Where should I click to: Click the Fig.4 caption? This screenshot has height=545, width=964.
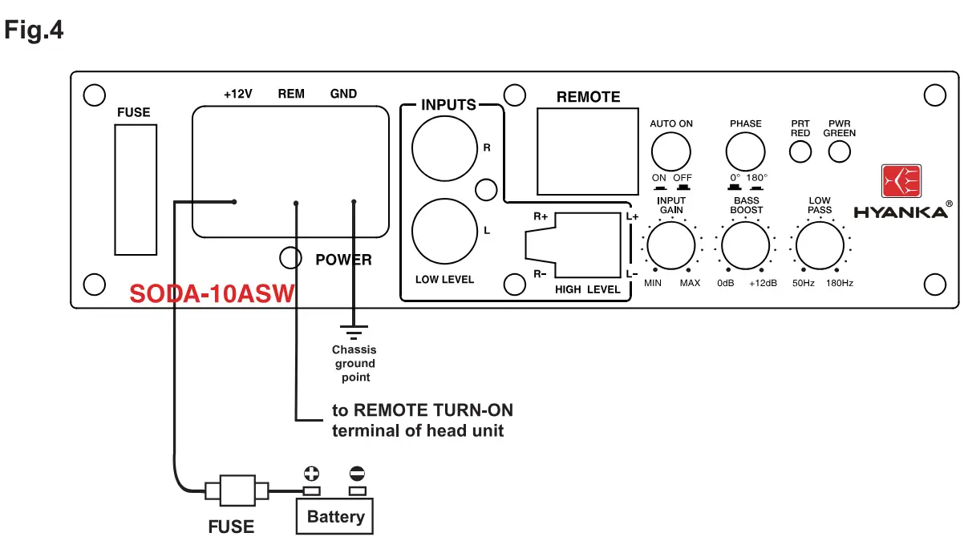(34, 30)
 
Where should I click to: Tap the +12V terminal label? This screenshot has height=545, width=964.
(238, 94)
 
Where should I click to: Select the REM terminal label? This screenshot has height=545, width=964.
(291, 94)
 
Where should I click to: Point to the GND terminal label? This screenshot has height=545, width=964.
(343, 94)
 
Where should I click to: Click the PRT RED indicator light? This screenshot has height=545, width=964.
(800, 151)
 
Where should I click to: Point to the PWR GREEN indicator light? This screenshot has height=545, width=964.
(839, 151)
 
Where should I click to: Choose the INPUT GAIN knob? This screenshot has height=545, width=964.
(670, 246)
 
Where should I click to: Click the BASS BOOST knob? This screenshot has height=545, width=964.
(745, 246)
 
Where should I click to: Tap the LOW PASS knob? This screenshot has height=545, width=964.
(820, 246)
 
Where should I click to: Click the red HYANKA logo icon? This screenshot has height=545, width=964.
(901, 182)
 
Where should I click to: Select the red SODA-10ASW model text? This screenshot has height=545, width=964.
(212, 294)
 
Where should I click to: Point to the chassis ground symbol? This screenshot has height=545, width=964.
(354, 329)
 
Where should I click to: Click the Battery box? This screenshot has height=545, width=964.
(335, 517)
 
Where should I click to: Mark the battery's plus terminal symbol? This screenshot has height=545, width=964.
(310, 473)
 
